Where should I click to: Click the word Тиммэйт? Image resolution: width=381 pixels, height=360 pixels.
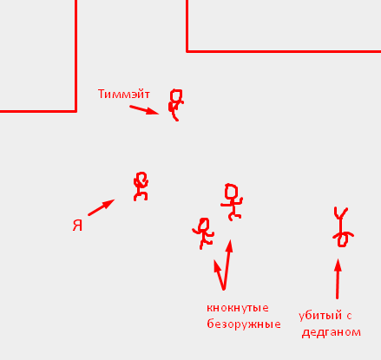[124, 94]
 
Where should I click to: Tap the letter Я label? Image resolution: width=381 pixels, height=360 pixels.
[77, 226]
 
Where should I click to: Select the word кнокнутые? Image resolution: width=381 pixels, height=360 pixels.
[238, 308]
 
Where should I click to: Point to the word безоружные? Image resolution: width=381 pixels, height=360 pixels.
[244, 324]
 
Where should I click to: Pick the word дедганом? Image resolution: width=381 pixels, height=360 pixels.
[332, 332]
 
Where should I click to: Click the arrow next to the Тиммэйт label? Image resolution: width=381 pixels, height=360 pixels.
[144, 110]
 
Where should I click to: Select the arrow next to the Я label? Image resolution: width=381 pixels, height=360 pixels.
[102, 207]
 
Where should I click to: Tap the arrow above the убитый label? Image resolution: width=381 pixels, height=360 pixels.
[338, 278]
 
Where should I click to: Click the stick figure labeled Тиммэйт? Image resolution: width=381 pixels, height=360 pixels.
[175, 105]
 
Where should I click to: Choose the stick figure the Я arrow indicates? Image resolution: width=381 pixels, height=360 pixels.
[141, 187]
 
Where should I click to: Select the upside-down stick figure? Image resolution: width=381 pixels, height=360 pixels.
[342, 227]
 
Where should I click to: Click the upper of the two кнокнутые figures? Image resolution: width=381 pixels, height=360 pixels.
[232, 202]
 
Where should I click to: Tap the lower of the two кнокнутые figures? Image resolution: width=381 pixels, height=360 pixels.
[203, 233]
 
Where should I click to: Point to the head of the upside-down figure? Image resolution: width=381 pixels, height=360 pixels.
[342, 241]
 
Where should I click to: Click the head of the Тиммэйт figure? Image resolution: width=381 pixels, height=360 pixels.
[176, 95]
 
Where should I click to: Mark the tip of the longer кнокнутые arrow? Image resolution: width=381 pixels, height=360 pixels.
[230, 239]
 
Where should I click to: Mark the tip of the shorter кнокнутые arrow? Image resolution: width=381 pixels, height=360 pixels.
[214, 259]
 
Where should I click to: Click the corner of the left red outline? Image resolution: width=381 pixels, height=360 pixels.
[76, 111]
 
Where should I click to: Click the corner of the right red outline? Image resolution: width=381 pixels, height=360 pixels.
[187, 51]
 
